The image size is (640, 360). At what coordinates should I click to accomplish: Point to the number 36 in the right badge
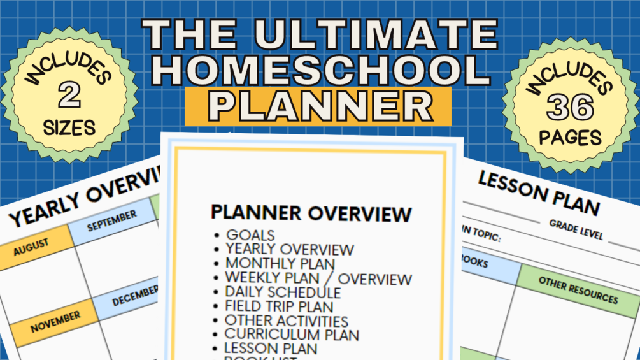[x=570, y=108]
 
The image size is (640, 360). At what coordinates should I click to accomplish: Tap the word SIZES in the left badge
[x=69, y=127]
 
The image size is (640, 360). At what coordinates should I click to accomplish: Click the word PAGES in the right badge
[x=570, y=137]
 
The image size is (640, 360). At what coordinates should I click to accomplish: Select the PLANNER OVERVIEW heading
[x=311, y=213]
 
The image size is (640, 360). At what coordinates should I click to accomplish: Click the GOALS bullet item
[x=250, y=235]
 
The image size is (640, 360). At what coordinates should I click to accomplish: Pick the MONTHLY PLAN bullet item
[x=280, y=264]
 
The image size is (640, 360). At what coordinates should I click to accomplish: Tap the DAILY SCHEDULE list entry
[x=283, y=292]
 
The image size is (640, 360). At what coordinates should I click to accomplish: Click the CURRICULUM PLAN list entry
[x=292, y=335]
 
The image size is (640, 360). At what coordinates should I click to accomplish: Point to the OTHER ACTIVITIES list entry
[x=287, y=320]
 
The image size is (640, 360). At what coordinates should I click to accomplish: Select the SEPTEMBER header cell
[x=111, y=221]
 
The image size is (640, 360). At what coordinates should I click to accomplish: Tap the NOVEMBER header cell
[x=55, y=317]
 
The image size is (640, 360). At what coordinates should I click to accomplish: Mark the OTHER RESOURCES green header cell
[x=578, y=290]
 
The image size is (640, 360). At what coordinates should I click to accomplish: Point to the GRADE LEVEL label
[x=576, y=230]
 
